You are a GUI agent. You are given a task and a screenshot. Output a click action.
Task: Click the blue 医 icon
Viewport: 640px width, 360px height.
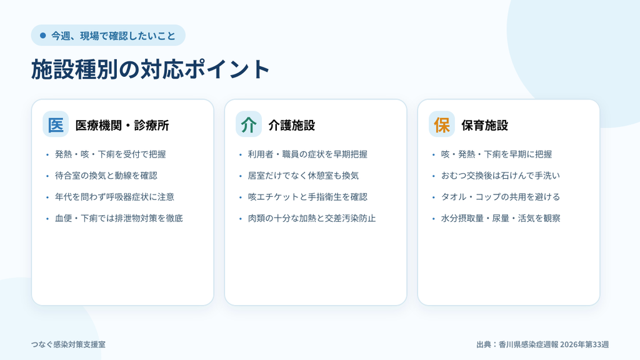[x=56, y=124]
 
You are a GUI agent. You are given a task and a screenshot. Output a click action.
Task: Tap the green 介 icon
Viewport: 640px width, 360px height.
[x=249, y=124]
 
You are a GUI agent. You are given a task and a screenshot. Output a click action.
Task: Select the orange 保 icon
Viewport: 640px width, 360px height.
[x=442, y=124]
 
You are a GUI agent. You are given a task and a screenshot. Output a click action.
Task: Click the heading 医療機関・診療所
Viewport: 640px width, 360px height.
[x=122, y=125]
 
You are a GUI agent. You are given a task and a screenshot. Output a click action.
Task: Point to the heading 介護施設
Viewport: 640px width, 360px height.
[x=291, y=125]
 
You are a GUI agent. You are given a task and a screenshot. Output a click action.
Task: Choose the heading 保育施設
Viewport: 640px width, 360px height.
[x=484, y=125]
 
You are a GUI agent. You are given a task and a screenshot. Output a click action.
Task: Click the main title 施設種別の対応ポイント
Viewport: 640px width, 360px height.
[x=150, y=69]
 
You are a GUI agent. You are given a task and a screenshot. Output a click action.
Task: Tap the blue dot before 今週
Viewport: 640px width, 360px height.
[x=43, y=36]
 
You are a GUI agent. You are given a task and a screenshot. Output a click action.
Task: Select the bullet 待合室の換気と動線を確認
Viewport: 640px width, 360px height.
[x=106, y=176]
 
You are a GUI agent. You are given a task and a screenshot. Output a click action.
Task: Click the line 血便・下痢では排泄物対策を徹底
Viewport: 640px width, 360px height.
[x=119, y=218]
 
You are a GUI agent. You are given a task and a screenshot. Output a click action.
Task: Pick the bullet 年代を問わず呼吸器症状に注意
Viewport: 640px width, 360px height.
[x=115, y=197]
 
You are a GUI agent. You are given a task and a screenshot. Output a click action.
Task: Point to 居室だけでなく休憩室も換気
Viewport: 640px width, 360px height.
[x=303, y=176]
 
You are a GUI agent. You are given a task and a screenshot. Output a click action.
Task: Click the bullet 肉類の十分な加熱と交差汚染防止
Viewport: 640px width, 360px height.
[x=312, y=218]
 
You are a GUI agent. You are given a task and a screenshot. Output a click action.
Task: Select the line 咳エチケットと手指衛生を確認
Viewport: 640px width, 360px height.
[x=307, y=197]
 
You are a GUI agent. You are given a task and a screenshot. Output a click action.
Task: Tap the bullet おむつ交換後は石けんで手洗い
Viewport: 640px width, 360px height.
[x=501, y=176]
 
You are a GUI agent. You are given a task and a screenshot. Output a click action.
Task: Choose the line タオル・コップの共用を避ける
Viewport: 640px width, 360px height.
[x=501, y=197]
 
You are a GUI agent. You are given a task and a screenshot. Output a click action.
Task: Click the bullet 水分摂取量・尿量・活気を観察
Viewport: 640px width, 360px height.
[x=501, y=218]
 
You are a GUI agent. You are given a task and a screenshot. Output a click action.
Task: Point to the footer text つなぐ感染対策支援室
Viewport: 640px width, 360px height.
[x=68, y=344]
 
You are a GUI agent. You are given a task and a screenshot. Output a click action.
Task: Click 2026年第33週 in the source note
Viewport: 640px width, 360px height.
[x=584, y=344]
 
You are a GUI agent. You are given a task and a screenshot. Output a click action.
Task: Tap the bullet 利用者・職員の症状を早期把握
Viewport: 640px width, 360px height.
[x=307, y=154]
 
